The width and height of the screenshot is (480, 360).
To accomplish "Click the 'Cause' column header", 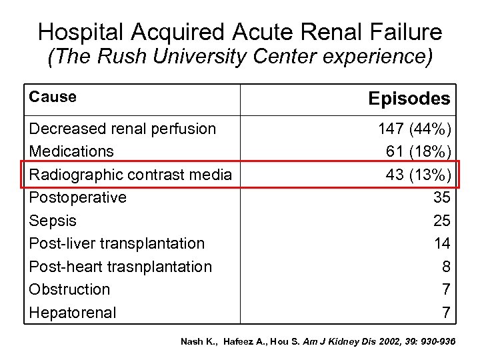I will point(53,97).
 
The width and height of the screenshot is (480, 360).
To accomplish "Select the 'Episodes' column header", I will point(409,99).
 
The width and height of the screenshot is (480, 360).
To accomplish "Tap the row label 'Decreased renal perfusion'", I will point(123,129).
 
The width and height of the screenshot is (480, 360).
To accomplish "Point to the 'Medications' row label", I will point(71,151).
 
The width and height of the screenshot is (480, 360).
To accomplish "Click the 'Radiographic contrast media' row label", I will point(131,175).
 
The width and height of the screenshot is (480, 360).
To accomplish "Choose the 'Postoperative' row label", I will point(78,197).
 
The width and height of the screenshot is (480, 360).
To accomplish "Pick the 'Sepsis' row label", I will point(53,220).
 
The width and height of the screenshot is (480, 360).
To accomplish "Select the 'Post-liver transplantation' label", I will point(117,243).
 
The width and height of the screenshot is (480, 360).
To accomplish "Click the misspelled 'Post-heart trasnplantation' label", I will point(121,267).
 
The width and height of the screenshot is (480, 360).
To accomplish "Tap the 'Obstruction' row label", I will point(70,289).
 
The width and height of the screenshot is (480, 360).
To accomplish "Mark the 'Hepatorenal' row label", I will point(73,312).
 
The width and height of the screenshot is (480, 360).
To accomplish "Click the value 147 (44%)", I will point(414,129).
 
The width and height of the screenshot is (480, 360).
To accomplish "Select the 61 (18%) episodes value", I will point(419,151).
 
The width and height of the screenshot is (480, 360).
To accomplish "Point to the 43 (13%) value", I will point(419,175).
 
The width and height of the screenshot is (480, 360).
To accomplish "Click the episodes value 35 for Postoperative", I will point(441,197).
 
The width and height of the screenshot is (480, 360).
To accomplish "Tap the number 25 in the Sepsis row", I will point(441,220).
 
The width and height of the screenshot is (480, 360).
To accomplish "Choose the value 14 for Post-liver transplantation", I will point(441,243).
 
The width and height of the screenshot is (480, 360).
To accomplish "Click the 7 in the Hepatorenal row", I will point(446,312).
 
